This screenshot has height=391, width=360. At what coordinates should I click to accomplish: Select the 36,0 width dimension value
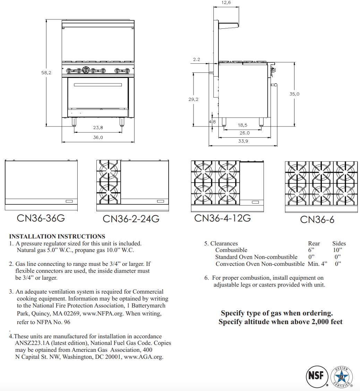point(98,138)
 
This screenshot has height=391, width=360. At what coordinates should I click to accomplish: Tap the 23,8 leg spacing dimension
point(98,128)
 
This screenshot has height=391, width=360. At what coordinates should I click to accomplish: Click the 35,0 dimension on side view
point(294,94)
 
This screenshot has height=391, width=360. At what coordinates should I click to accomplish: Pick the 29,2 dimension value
point(194,99)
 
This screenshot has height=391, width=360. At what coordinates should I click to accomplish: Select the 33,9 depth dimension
point(243,141)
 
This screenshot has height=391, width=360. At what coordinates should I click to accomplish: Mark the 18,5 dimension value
point(242,125)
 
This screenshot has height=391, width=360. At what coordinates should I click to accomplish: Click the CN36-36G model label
point(41,218)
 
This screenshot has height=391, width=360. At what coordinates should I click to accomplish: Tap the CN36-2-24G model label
point(131,219)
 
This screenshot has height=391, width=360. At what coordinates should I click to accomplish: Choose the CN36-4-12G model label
point(222,218)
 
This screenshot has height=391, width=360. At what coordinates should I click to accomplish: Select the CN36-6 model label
point(317,220)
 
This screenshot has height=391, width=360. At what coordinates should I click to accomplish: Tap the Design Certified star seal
point(341,377)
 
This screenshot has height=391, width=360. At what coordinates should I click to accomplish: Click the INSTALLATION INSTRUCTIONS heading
point(57,236)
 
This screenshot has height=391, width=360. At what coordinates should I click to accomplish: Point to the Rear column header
point(314,243)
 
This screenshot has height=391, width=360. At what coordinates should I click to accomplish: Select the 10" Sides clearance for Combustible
point(337,250)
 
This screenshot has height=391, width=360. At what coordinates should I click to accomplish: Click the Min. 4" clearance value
point(317,264)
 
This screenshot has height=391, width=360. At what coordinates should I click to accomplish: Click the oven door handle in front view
point(98,85)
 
